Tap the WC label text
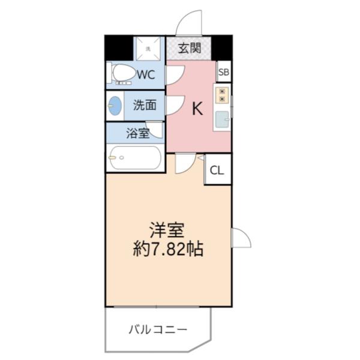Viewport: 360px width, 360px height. pyautogui.click(x=146, y=75)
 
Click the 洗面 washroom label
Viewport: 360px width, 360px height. pyautogui.click(x=145, y=105)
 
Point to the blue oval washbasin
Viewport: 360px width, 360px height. pyautogui.click(x=115, y=107)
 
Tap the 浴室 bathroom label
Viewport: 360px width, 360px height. pyautogui.click(x=137, y=133)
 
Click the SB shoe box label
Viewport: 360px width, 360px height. pyautogui.click(x=224, y=73)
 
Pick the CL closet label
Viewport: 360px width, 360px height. pyautogui.click(x=217, y=170)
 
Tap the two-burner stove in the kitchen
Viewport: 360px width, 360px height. pyautogui.click(x=222, y=95)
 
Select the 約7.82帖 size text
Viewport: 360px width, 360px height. pyautogui.click(x=168, y=249)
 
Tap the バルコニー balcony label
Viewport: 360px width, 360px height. pyautogui.click(x=157, y=329)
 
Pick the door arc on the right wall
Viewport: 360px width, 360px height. pyautogui.click(x=241, y=238)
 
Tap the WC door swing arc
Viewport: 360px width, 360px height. pyautogui.click(x=175, y=74)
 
